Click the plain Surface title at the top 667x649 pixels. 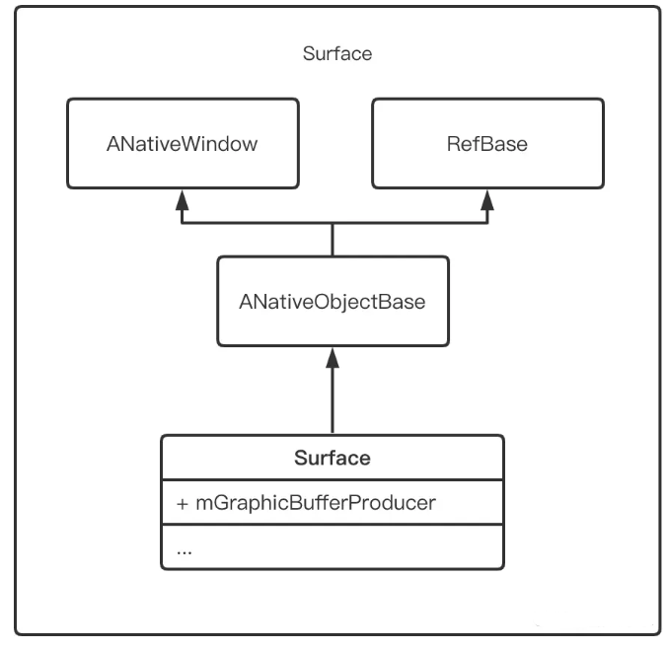tap(337, 53)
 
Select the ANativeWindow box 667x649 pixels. tap(182, 143)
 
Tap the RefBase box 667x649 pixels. tap(486, 143)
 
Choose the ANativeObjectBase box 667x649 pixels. tap(333, 302)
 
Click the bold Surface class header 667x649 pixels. tap(333, 458)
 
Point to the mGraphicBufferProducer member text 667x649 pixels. tap(315, 503)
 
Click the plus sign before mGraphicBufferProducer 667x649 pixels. tap(182, 503)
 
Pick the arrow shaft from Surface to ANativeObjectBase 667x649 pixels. tap(333, 399)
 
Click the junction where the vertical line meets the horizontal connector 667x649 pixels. tap(333, 223)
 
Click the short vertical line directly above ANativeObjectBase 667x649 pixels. tap(333, 240)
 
